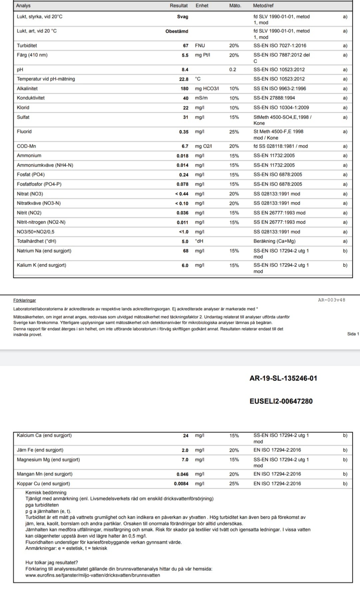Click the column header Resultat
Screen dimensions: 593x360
179,6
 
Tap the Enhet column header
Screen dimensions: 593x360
202,6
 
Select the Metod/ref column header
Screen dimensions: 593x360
263,6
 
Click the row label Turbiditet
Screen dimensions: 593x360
27,46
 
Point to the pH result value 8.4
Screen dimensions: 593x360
185,70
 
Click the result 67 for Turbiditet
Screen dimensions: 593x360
186,46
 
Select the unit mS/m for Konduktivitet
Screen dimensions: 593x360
201,98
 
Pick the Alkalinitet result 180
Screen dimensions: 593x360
184,89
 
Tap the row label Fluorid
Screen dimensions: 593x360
24,132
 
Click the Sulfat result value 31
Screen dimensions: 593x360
186,117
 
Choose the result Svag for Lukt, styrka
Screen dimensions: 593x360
183,17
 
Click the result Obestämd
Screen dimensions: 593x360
177,31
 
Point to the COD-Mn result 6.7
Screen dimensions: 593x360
185,146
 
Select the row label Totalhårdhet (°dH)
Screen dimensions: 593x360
37,241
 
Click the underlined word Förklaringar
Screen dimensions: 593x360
25,300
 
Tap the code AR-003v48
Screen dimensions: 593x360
332,300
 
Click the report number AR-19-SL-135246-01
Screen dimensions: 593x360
283,378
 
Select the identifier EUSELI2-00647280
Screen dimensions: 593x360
281,401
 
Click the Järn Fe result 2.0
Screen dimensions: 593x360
185,450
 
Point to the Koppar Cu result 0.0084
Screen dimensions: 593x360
181,484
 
